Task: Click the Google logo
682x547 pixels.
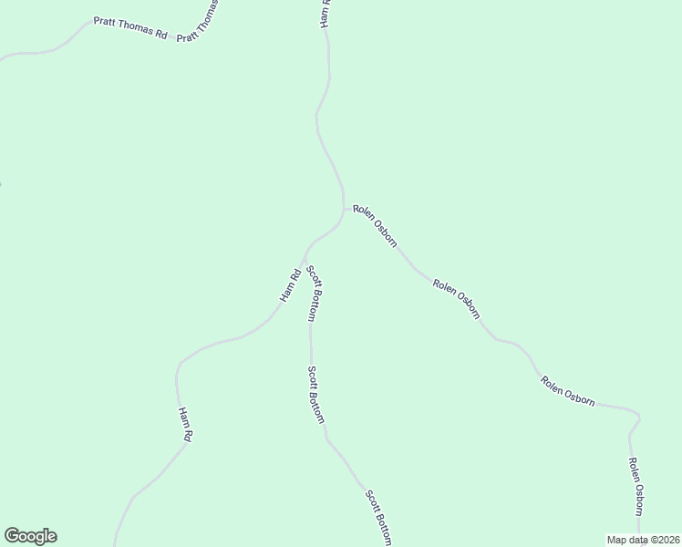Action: (31, 536)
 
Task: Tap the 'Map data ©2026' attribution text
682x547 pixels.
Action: (644, 540)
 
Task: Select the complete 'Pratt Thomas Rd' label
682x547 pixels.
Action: (131, 28)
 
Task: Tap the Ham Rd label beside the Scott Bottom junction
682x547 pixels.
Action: (290, 286)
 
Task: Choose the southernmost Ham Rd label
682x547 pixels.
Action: (185, 425)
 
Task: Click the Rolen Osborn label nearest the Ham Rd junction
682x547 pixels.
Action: (374, 225)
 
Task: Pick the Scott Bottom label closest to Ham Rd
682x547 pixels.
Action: (312, 293)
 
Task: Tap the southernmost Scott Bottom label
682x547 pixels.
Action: (378, 518)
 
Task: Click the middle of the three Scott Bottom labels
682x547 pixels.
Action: (315, 395)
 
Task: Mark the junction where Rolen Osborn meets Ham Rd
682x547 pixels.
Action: (344, 209)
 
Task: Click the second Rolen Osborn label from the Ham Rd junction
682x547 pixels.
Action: (456, 299)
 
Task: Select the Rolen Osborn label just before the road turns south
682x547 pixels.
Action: (567, 391)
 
